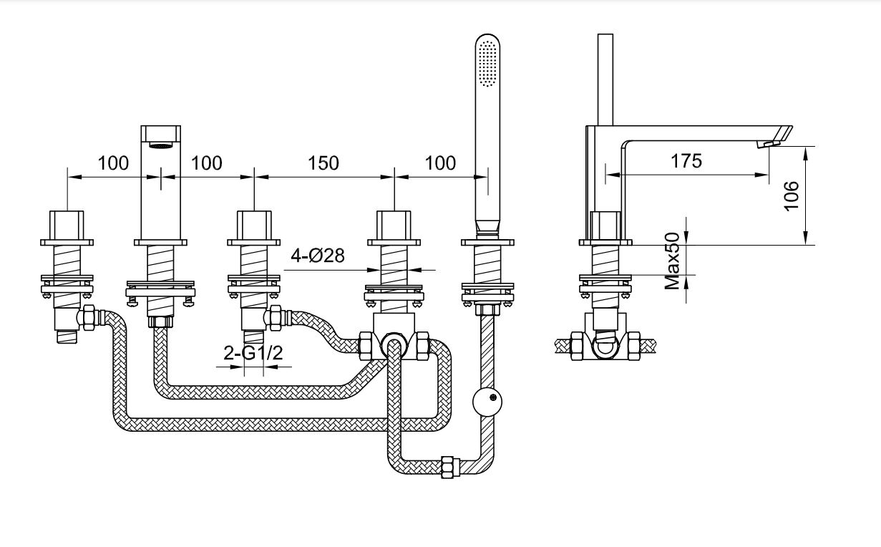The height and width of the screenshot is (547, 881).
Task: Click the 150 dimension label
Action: (323, 163)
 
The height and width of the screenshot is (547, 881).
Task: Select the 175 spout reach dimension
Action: (686, 161)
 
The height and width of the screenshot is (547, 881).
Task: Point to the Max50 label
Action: (673, 260)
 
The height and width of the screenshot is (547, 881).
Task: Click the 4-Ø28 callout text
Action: (318, 256)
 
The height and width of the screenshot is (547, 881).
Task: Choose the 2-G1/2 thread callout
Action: (248, 353)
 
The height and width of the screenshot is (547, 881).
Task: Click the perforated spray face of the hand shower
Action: (488, 64)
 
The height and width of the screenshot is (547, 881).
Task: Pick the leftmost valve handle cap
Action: (67, 226)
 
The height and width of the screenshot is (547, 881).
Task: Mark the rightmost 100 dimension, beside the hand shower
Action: (440, 163)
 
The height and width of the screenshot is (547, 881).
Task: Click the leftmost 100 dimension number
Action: (114, 163)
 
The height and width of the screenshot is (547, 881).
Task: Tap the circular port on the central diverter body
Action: (393, 347)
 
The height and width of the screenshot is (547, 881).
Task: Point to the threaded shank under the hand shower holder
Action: (487, 263)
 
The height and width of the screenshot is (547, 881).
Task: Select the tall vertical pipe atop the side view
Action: (605, 79)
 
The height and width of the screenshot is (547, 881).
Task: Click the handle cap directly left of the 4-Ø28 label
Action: (255, 226)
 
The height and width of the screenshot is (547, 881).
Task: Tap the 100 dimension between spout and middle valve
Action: (207, 163)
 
